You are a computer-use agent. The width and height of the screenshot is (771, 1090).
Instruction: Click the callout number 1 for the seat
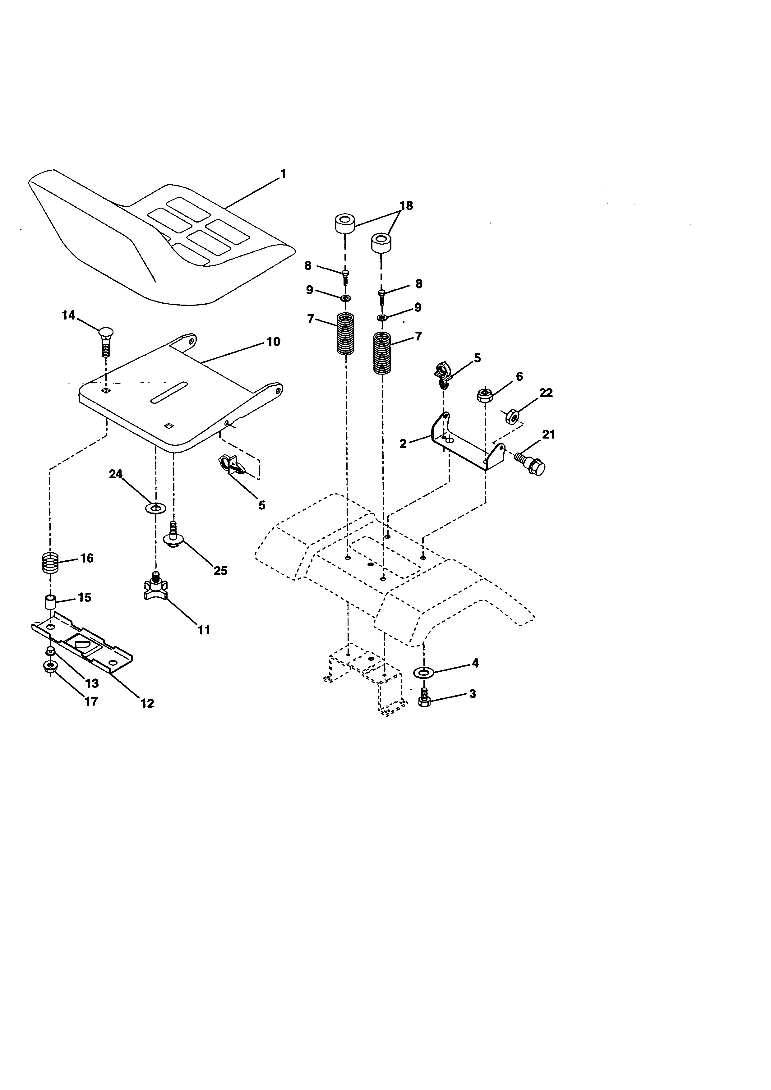point(284,174)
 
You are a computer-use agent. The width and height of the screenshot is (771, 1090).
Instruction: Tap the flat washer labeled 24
point(155,509)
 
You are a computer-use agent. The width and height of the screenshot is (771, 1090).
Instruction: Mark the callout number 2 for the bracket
point(403,444)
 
